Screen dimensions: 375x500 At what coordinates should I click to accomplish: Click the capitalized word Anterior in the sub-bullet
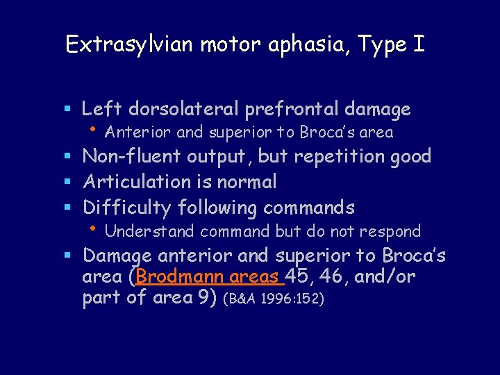139,132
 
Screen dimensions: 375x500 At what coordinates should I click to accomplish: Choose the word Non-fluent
132,156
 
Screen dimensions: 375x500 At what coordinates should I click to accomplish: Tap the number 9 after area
210,298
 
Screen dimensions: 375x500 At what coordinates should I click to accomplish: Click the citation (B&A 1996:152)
274,299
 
